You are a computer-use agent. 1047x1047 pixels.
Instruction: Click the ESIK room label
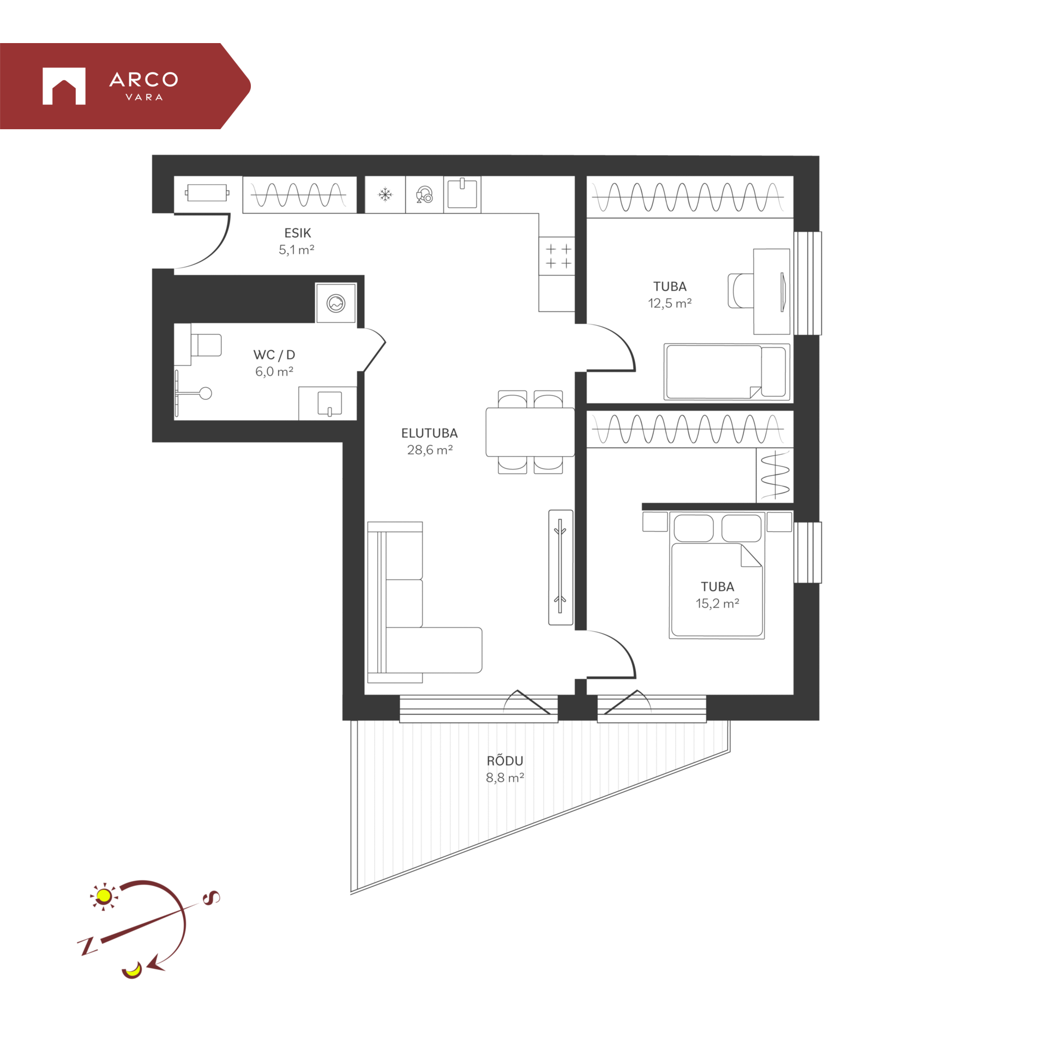297,233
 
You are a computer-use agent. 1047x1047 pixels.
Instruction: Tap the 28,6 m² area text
430,450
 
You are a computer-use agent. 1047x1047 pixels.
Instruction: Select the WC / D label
274,355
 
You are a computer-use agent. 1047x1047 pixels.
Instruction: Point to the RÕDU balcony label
505,760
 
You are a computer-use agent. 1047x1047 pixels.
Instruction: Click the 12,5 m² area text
670,303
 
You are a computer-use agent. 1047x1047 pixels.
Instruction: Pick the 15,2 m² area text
717,603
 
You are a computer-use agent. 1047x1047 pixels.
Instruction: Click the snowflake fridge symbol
385,195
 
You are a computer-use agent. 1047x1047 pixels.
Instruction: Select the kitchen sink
462,194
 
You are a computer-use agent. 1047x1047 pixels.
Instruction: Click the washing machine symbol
336,303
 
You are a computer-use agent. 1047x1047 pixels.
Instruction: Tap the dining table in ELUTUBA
530,432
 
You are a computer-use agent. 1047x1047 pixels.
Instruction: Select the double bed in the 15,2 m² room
717,575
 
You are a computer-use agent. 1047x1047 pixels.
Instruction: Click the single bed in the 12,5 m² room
727,372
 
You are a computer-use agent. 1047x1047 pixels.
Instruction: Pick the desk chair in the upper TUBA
741,291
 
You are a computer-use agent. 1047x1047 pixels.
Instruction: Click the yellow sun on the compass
104,896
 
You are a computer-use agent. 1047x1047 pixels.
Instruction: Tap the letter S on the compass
211,898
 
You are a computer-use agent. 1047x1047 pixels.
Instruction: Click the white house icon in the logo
64,86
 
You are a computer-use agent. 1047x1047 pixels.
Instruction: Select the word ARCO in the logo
144,80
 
